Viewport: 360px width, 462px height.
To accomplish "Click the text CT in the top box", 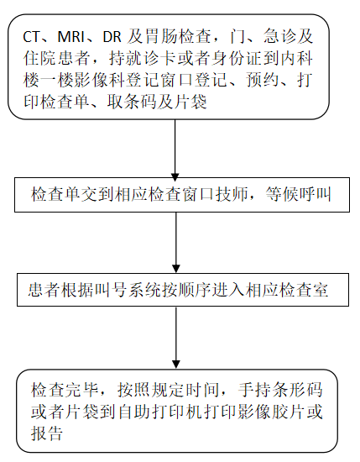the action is tap(31, 38).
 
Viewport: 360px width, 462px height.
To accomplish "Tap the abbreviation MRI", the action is tap(71, 38).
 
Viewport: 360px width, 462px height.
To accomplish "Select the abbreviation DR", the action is tap(112, 38).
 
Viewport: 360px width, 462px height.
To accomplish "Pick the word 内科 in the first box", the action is tap(296, 59).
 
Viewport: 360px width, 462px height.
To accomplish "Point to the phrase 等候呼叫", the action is tap(299, 195).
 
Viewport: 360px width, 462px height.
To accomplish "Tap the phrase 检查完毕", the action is tap(64, 390).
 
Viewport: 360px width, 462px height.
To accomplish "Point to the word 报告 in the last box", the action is tap(47, 433).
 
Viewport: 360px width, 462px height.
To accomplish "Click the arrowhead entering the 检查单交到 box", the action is tap(175, 177).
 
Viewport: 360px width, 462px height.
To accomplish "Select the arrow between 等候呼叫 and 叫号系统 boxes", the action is tap(176, 243).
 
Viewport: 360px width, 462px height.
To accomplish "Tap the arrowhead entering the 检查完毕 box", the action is tap(176, 365).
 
